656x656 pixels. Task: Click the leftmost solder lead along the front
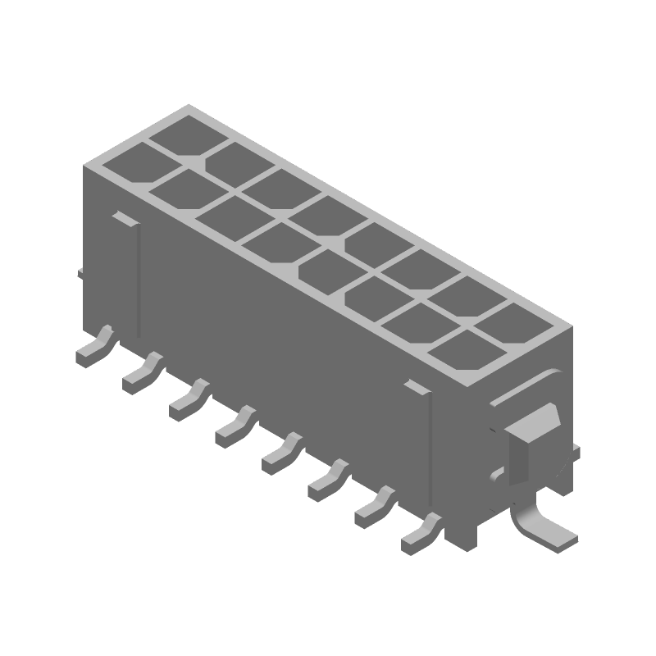(x=92, y=350)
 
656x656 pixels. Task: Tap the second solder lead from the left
(x=140, y=373)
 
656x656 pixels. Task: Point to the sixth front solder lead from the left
(x=326, y=481)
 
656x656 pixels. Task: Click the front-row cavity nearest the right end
(x=461, y=351)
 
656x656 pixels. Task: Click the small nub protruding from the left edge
(x=80, y=271)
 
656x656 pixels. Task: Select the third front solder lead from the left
(x=187, y=400)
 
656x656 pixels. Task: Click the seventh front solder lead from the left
(x=372, y=508)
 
